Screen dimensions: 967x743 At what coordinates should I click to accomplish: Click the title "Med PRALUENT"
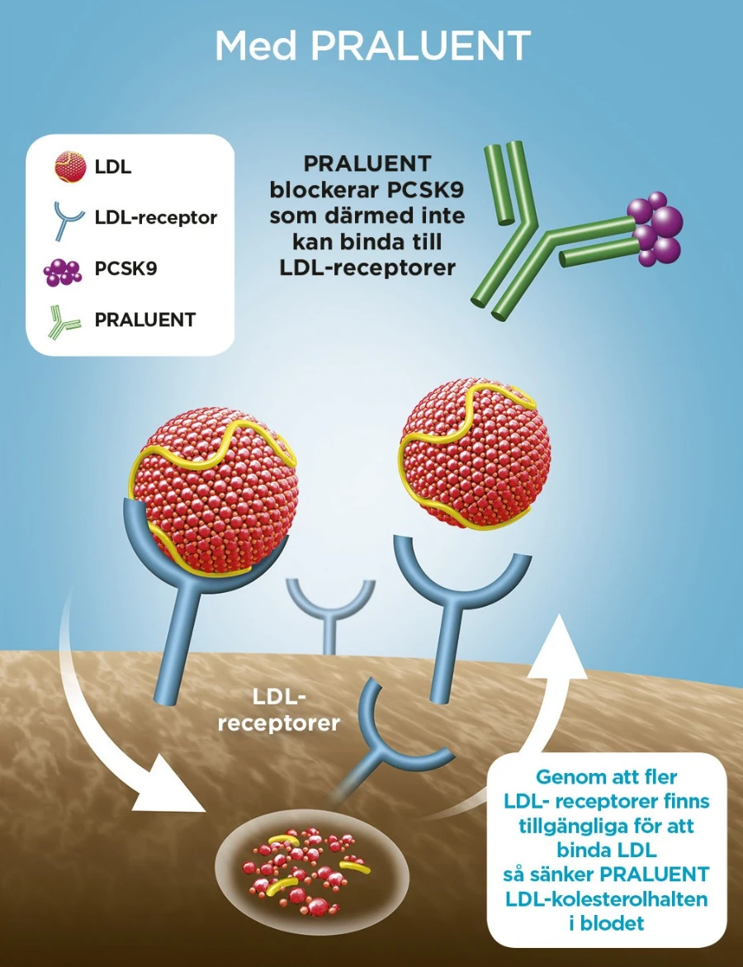(371, 46)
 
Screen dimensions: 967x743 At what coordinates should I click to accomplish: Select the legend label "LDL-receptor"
(155, 218)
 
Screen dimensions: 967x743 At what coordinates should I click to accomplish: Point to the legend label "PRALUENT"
(144, 320)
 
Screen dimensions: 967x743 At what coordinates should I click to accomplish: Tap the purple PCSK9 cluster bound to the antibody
(656, 229)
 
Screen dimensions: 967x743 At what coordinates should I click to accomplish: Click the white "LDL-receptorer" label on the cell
(278, 711)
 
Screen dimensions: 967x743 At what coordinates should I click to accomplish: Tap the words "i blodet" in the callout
(607, 923)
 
